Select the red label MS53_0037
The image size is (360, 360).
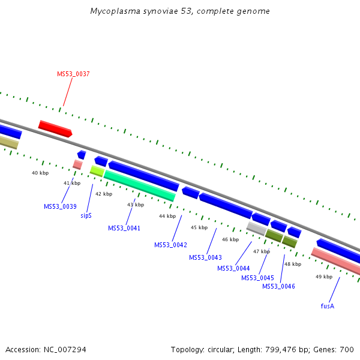(73, 74)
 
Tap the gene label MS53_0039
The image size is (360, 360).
(60, 206)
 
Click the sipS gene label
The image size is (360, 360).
(86, 215)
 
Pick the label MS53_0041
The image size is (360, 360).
(124, 228)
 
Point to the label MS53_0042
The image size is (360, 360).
(170, 245)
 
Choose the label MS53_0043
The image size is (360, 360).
(205, 257)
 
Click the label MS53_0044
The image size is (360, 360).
(233, 268)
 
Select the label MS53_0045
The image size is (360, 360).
(257, 278)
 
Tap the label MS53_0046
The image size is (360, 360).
(278, 286)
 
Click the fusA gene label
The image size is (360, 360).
(327, 306)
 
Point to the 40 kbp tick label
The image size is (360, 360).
(40, 173)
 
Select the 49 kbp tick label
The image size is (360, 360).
(323, 277)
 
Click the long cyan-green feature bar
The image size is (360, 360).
(140, 186)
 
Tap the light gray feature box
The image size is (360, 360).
(256, 228)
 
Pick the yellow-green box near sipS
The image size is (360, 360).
(97, 171)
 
